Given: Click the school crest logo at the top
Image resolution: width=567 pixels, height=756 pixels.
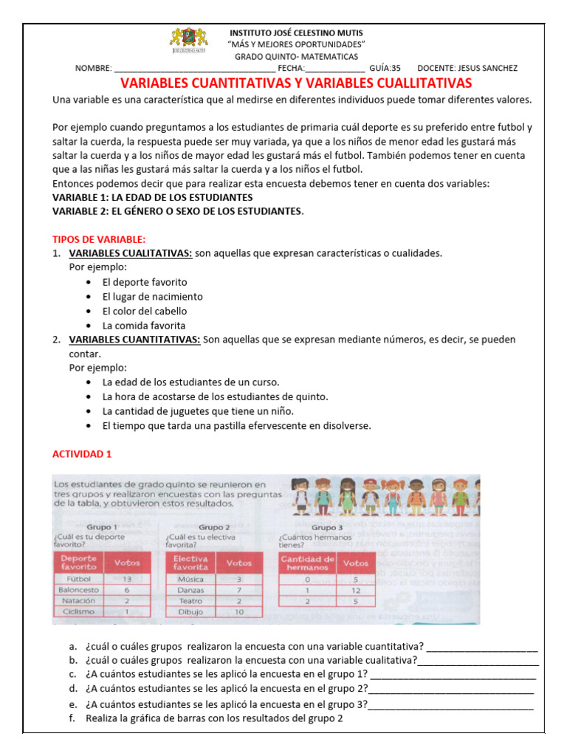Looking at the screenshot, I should coord(189,41).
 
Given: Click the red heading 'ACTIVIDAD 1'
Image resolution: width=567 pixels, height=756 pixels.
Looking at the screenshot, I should coord(82,454).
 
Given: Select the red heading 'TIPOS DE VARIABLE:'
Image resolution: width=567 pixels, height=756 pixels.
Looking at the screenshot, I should coord(99,239).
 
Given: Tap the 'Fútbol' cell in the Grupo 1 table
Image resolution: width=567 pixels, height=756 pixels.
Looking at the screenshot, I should coord(78,580).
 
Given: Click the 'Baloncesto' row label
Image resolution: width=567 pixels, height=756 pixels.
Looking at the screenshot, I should coord(78,591).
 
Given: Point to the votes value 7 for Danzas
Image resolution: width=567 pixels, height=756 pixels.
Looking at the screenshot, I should coord(238,591).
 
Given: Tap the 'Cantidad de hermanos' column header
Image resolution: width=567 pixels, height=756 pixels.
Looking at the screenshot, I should coord(306,563).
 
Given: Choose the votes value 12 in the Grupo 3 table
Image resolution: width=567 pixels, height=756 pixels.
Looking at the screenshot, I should coord(356,591).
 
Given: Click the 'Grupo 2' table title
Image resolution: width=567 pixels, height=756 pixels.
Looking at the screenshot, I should coord(214,527).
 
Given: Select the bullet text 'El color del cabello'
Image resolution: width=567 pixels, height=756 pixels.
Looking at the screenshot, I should coord(145,311).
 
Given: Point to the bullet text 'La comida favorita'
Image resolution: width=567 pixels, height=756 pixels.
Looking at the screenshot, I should coord(143,326).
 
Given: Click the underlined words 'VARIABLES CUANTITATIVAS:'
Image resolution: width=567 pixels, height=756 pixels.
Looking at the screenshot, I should coord(134,340).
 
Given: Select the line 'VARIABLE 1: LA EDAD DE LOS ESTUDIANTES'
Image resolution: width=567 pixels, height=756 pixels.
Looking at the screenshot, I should coord(152,198).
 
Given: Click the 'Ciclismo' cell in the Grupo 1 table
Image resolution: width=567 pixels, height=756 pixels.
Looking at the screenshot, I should coord(78,612).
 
